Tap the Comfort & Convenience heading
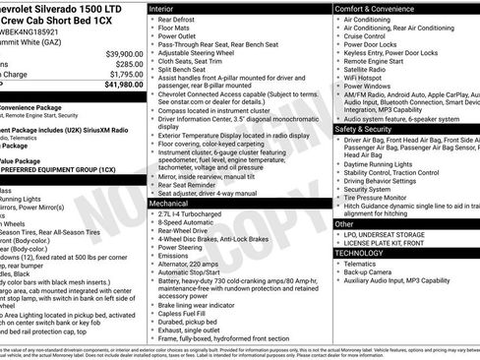tap(378, 8)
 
